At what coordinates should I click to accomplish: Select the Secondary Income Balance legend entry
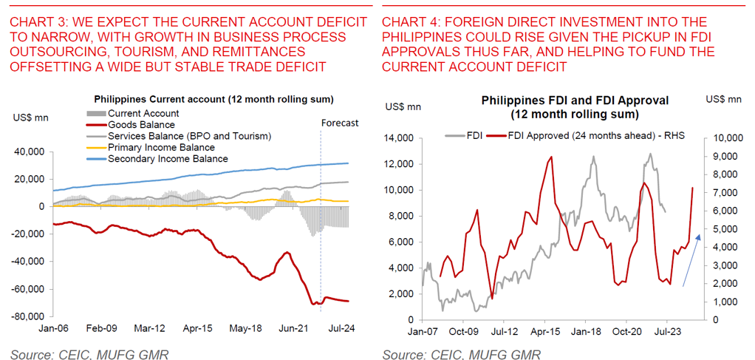click(x=168, y=158)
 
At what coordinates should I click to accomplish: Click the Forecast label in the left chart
click(x=340, y=123)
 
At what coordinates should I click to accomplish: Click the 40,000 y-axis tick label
click(x=30, y=152)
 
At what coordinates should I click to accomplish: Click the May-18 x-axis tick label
click(x=246, y=330)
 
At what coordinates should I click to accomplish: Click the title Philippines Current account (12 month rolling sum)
click(x=213, y=99)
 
